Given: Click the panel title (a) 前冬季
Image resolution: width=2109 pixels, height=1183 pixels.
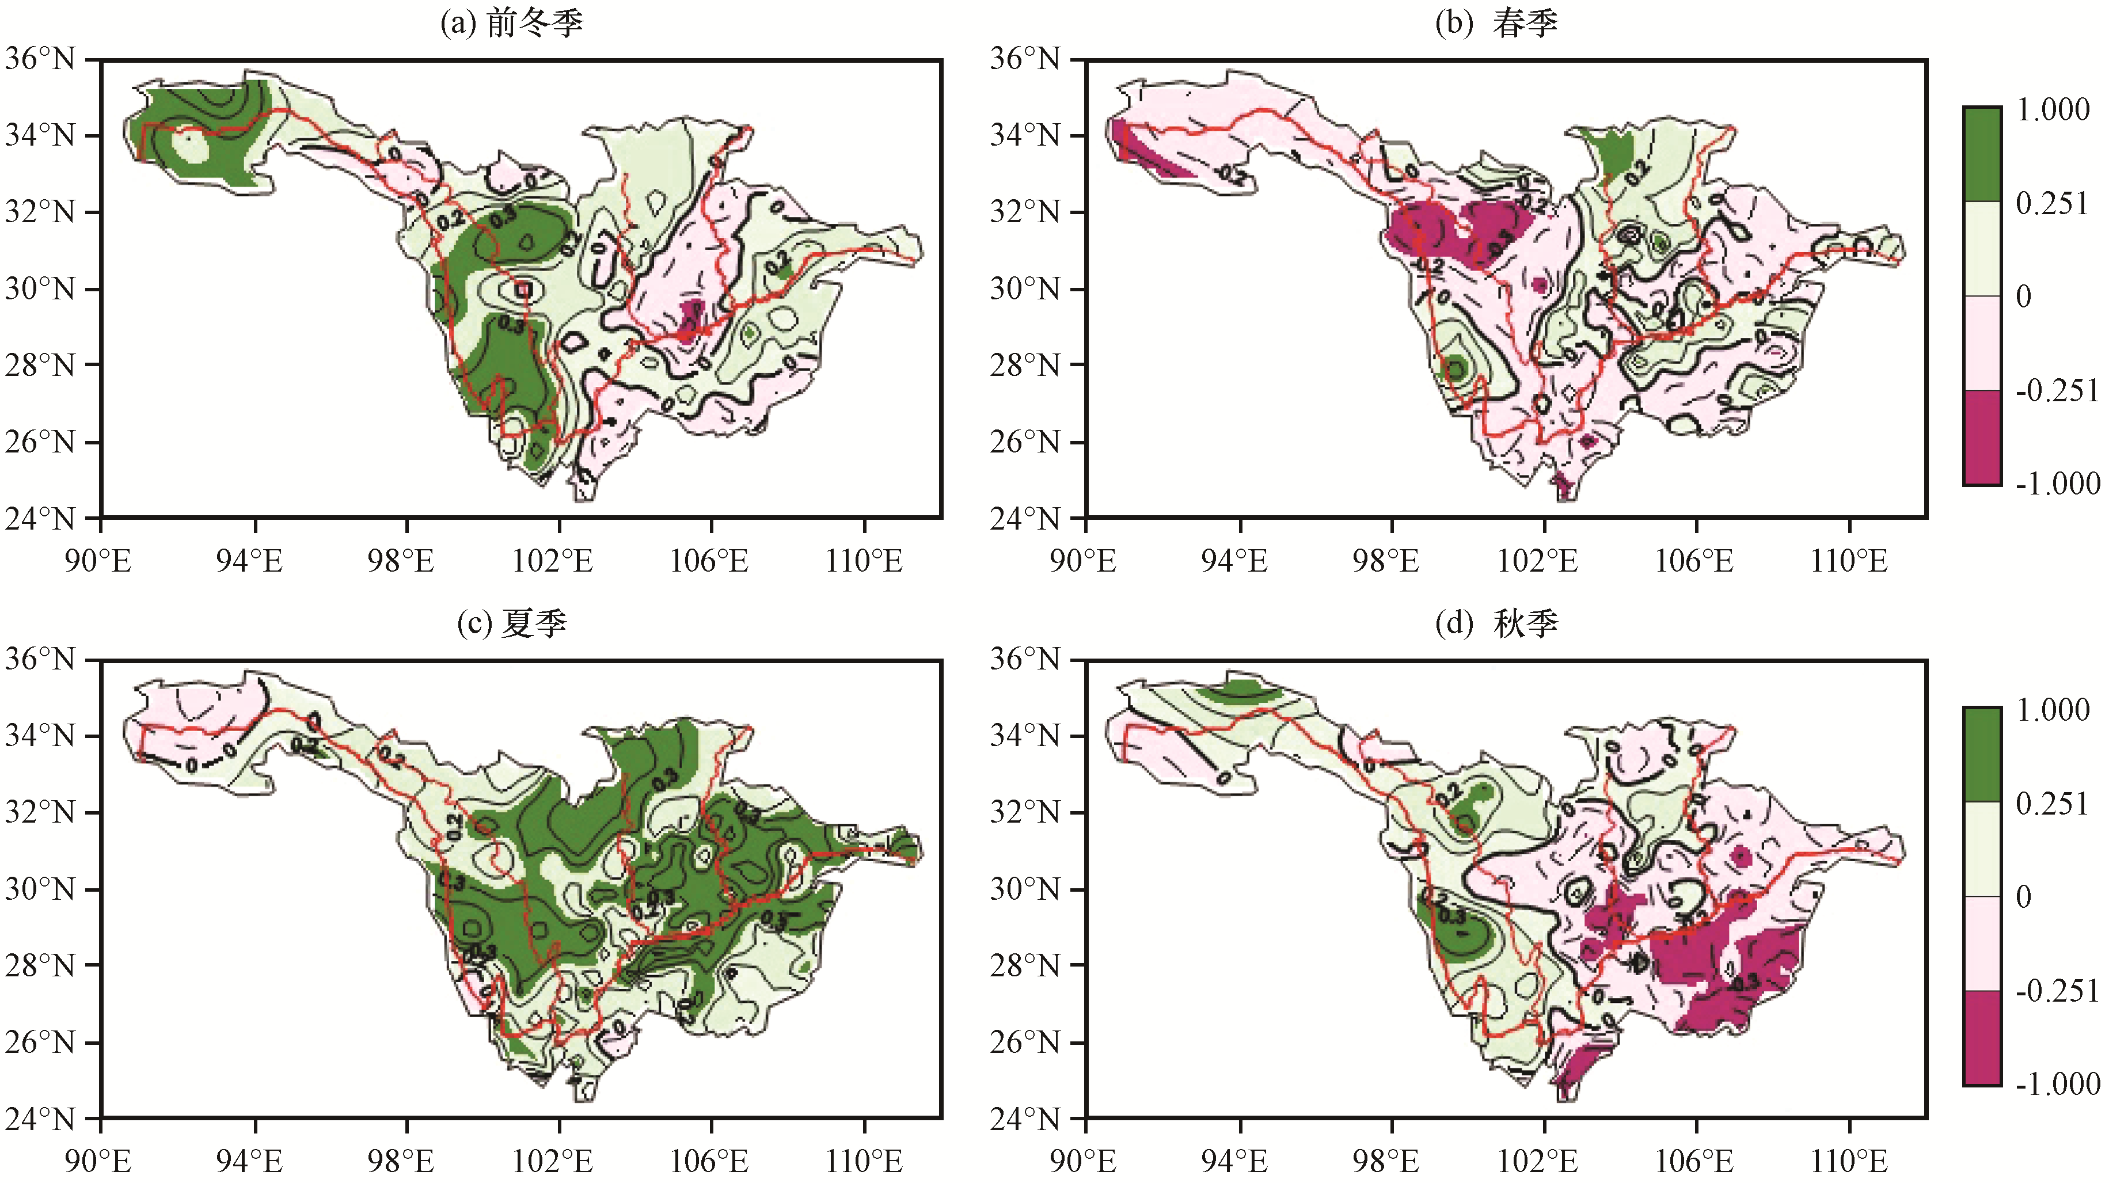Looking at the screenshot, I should pos(512,23).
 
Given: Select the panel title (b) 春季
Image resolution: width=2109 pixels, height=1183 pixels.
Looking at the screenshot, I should pos(1496,23).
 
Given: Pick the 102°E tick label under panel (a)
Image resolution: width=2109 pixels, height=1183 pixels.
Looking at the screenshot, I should pos(553,562).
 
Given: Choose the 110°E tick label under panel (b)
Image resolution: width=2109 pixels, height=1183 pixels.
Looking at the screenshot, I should pos(1849,562).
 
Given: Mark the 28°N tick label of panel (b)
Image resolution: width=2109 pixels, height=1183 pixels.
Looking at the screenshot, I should pos(1024,365).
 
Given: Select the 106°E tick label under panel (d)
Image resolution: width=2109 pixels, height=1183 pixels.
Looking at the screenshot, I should pos(1694,1162).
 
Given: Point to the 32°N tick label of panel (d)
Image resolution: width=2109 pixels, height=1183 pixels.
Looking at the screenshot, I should pos(1024,812).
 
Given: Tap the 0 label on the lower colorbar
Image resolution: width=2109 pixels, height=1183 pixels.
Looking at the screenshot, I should pos(2023,896).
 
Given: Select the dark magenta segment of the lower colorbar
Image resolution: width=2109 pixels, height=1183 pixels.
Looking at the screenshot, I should pos(1982,1037).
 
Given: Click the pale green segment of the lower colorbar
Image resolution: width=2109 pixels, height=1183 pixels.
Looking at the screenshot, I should pos(1982,849).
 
